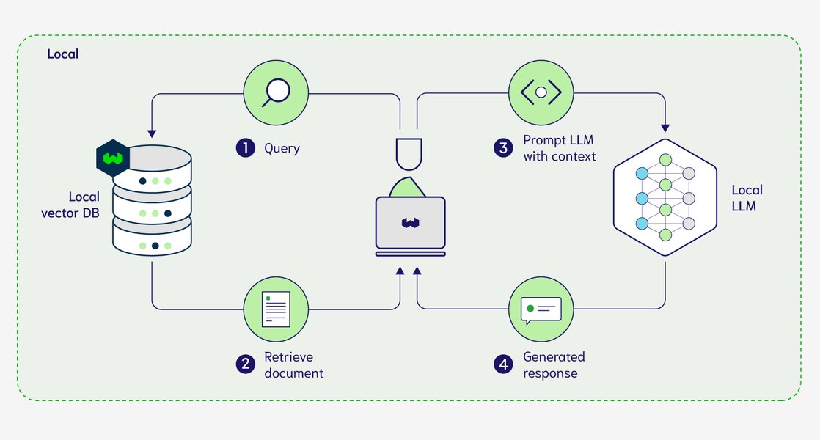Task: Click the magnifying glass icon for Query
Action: [x=277, y=92]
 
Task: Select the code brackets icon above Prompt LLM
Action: [x=541, y=92]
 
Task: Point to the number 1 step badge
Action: [x=245, y=148]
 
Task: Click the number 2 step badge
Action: [x=245, y=364]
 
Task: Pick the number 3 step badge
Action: [x=503, y=148]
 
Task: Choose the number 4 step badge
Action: [x=503, y=364]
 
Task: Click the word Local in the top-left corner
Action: [x=62, y=54]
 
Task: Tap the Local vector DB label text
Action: [x=84, y=205]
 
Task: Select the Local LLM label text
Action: [x=747, y=198]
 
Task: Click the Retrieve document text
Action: [x=293, y=364]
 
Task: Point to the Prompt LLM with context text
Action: [x=559, y=147]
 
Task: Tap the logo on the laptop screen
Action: [x=410, y=222]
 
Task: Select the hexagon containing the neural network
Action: [x=665, y=198]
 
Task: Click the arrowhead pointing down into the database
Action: [x=152, y=133]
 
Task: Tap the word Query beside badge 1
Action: [x=282, y=148]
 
